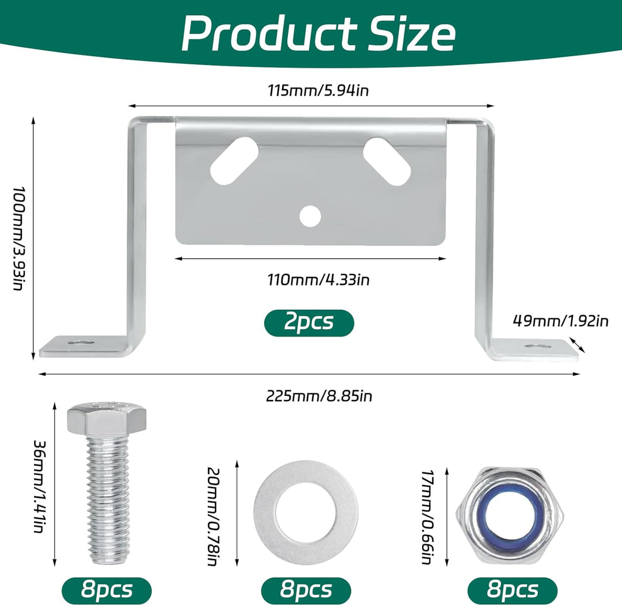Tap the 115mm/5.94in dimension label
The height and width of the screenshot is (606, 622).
[x=318, y=90]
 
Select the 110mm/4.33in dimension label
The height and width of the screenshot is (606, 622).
[x=318, y=280]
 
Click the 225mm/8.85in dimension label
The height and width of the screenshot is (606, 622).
[x=319, y=396]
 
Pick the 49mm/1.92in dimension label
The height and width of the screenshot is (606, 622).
[x=560, y=321]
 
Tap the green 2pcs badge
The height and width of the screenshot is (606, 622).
[x=309, y=323]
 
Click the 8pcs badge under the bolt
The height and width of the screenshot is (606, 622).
[x=107, y=590]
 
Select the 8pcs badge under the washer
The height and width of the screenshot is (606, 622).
[x=306, y=590]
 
